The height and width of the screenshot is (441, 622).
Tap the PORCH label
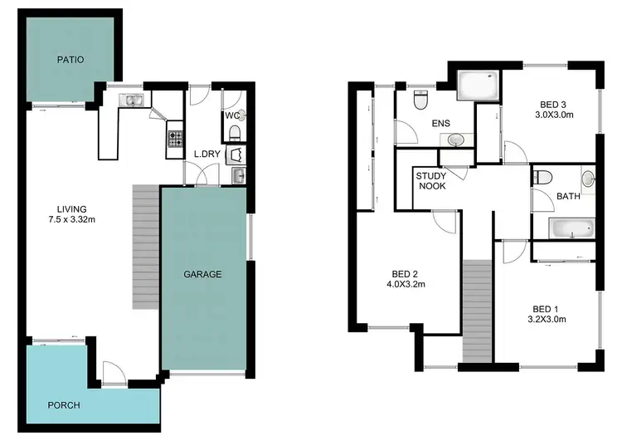64,405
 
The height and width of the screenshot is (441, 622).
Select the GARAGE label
202,274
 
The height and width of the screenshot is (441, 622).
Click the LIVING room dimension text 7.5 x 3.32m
72,219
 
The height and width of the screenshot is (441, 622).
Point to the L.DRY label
207,154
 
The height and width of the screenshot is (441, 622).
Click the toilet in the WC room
235,134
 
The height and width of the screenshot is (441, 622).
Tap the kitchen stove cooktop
175,138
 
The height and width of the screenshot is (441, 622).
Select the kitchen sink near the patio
132,100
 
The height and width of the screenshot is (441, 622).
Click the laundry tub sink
238,174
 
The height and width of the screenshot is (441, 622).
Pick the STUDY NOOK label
431,180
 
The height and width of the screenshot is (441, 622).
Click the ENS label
440,124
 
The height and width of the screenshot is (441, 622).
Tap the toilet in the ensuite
420,101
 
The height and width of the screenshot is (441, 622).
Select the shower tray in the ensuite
478,86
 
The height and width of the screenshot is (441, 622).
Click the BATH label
568,197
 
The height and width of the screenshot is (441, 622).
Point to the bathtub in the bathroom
572,228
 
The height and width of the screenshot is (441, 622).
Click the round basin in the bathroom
588,178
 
